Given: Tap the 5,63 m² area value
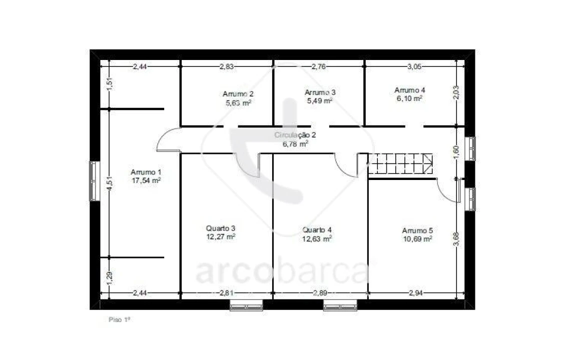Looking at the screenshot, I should (238, 103).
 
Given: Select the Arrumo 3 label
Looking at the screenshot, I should (320, 92).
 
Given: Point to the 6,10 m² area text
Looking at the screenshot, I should (410, 98).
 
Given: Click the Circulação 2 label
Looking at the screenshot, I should (295, 135).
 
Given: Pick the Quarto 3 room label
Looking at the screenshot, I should (221, 228).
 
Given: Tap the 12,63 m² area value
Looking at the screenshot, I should (317, 238).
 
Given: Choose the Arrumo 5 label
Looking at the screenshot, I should (417, 230).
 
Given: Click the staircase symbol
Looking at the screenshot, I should (400, 164).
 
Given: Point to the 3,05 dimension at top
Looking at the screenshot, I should (414, 66).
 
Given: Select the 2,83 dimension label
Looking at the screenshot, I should (227, 66).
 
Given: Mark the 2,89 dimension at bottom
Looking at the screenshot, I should (320, 293).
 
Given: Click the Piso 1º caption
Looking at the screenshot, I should (119, 318).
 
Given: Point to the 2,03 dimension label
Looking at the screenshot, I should (456, 92).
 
